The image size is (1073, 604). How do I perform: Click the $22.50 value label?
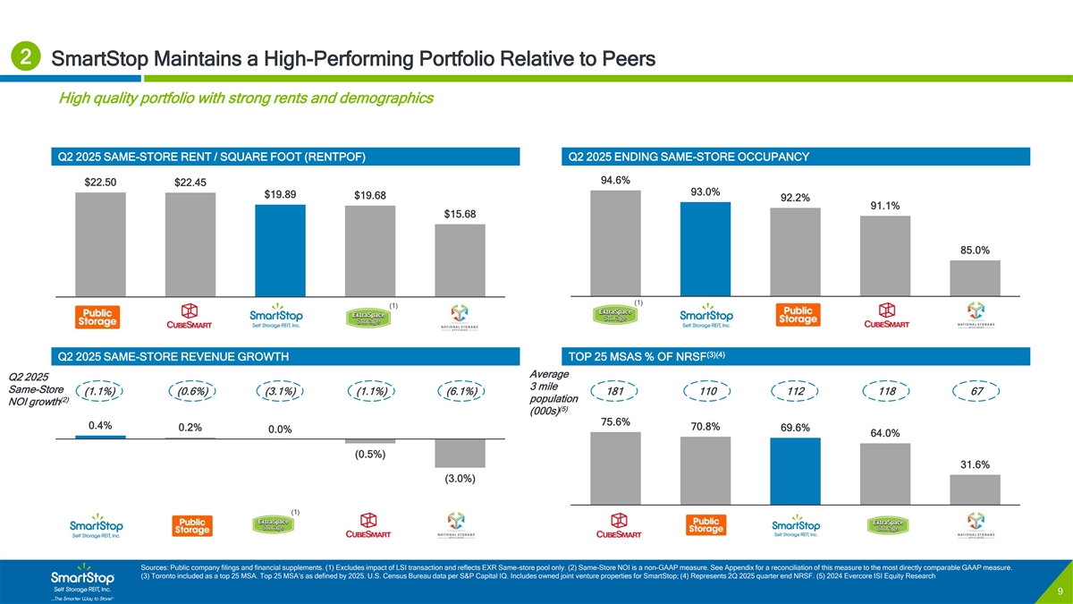(100, 183)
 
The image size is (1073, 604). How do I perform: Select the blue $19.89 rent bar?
(281, 251)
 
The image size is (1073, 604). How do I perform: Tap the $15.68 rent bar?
(460, 259)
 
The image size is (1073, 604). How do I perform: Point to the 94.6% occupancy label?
(616, 181)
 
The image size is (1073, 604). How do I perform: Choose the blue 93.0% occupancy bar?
(705, 249)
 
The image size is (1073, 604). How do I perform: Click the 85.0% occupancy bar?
(975, 277)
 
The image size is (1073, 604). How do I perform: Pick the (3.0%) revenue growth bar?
(460, 453)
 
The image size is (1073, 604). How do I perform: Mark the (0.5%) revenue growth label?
(370, 454)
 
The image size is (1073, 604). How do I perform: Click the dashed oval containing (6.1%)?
(460, 391)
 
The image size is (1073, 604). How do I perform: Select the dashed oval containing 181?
(616, 391)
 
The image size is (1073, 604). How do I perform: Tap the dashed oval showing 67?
(976, 391)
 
